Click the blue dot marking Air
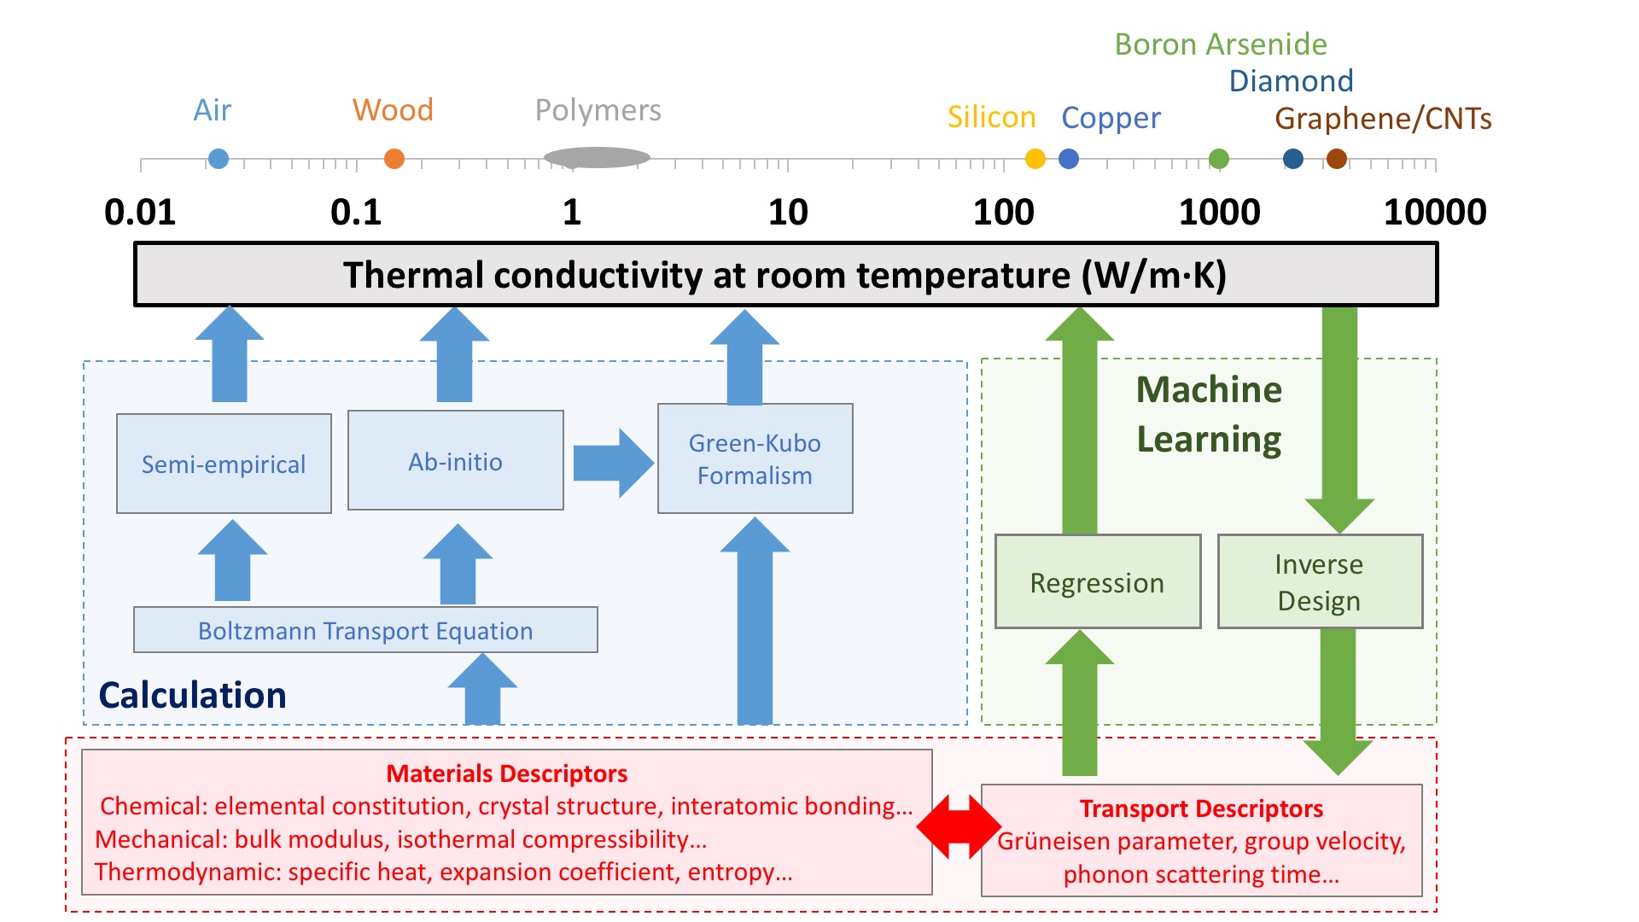pos(219,159)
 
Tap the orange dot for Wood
pos(394,159)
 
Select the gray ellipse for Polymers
pos(597,158)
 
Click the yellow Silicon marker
pos(1035,159)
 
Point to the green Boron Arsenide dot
pos(1219,159)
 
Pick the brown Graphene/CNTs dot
pos(1337,159)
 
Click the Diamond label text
pos(1291,81)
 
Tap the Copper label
pos(1111,118)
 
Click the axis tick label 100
pos(1004,212)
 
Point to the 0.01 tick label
pos(140,212)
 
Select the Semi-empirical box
pos(224,464)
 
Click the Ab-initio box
pos(456,461)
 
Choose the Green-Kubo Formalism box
pos(755,459)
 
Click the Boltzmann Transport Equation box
pos(365,630)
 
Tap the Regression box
pos(1098,582)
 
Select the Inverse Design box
pos(1320,582)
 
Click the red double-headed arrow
pos(958,826)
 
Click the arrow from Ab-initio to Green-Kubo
pos(611,463)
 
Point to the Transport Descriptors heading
pos(1201,808)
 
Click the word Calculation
pos(193,695)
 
